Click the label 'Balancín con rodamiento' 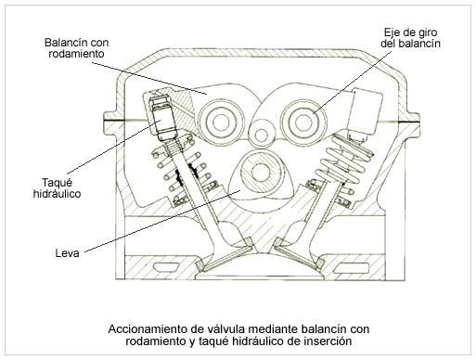pyautogui.click(x=76, y=48)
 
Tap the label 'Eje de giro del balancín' pyautogui.click(x=410, y=38)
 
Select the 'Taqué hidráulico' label pyautogui.click(x=57, y=188)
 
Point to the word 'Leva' pyautogui.click(x=68, y=253)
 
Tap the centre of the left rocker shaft pyautogui.click(x=221, y=122)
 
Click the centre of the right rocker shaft pyautogui.click(x=304, y=122)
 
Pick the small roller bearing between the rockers pyautogui.click(x=262, y=135)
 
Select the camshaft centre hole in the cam pyautogui.click(x=261, y=173)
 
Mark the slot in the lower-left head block pyautogui.click(x=166, y=266)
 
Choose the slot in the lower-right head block pyautogui.click(x=352, y=267)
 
